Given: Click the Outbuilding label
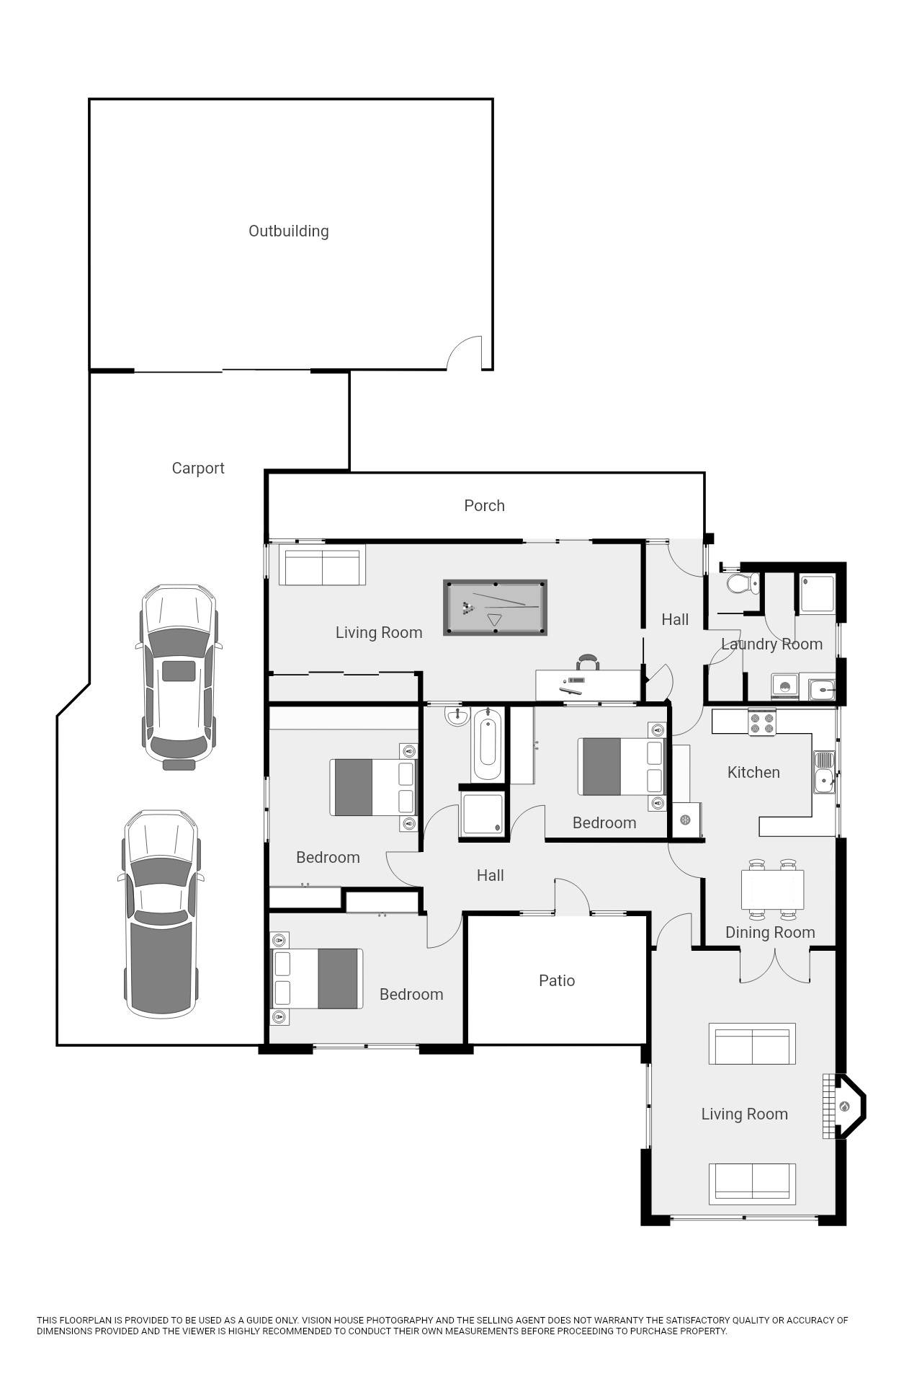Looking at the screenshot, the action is click(x=288, y=231).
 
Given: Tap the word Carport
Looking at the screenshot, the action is click(x=198, y=469).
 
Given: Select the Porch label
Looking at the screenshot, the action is click(x=484, y=505).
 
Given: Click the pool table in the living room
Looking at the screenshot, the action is click(x=495, y=607).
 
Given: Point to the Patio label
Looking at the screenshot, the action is click(x=557, y=980).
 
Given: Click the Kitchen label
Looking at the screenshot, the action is click(x=753, y=772).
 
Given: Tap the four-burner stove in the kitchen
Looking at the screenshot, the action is click(x=762, y=722).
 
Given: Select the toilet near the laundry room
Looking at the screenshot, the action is click(x=743, y=582).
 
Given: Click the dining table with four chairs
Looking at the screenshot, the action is click(x=772, y=890).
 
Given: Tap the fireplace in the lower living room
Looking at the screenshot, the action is click(x=844, y=1106).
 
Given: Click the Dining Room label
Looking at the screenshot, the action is click(x=770, y=932).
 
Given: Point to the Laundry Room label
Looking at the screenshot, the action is click(x=771, y=644).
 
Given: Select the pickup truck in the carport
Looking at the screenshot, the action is click(x=161, y=913).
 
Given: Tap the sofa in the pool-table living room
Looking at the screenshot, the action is click(x=322, y=568).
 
